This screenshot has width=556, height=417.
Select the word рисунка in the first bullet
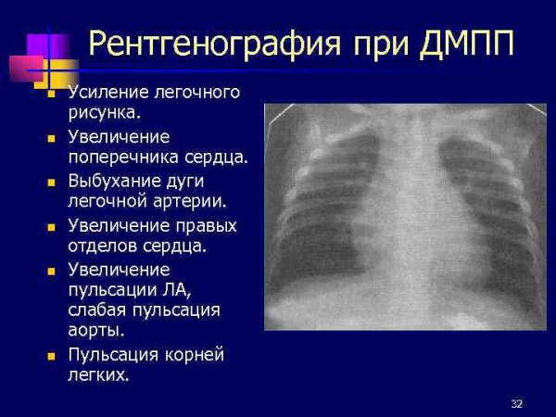coord(104,113)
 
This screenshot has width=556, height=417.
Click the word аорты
coord(95,331)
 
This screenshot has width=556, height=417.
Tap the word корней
coord(191,355)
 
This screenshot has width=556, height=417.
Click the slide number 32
coord(516,404)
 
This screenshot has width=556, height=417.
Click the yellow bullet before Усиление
coord(52,94)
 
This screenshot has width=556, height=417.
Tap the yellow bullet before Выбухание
coord(52,182)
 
